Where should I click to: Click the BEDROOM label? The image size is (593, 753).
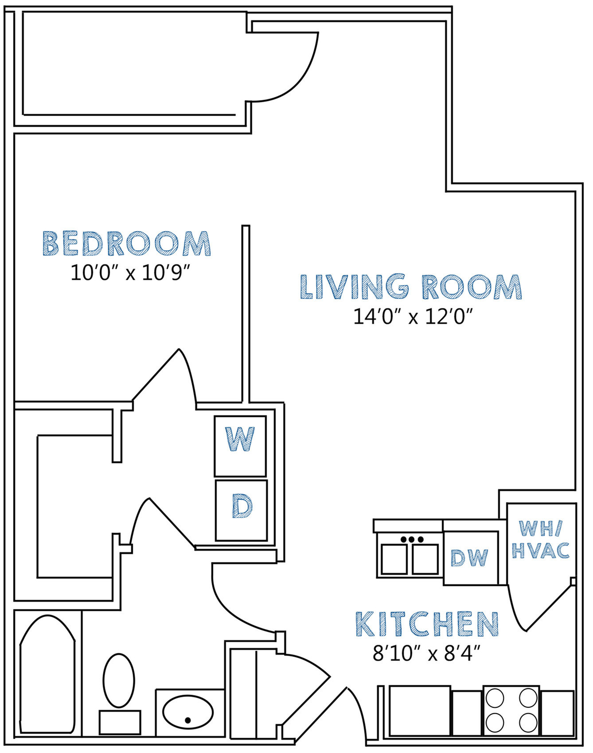click(127, 243)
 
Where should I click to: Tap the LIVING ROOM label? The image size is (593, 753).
click(411, 286)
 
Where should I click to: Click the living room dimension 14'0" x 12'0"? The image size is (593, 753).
click(413, 317)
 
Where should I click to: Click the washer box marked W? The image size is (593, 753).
click(240, 446)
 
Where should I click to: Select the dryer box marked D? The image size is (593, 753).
click(242, 510)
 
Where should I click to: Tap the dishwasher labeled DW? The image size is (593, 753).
click(470, 558)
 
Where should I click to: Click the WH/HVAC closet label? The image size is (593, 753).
click(541, 539)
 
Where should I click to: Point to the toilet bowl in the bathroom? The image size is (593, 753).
click(119, 680)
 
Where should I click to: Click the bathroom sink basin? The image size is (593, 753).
click(188, 712)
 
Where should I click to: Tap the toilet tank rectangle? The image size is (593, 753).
click(120, 722)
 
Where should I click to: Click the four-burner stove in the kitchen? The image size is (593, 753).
click(511, 710)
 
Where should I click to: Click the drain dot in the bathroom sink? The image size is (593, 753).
click(188, 720)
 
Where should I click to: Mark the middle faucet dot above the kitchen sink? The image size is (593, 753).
click(412, 539)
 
